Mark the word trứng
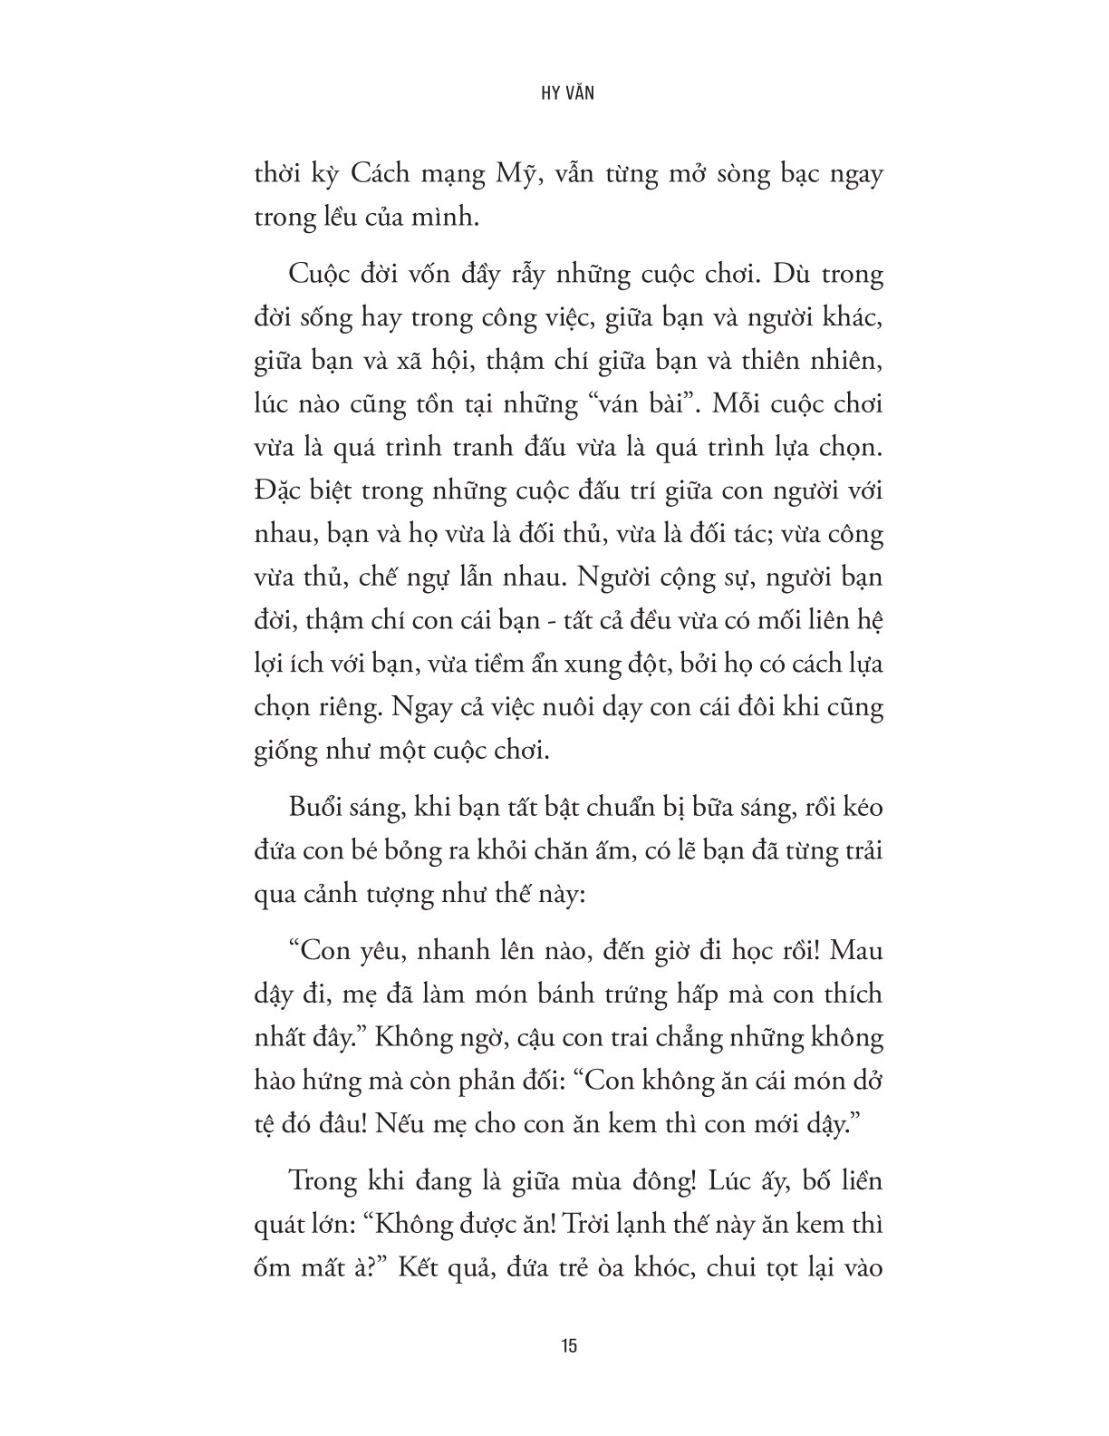(621, 995)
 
